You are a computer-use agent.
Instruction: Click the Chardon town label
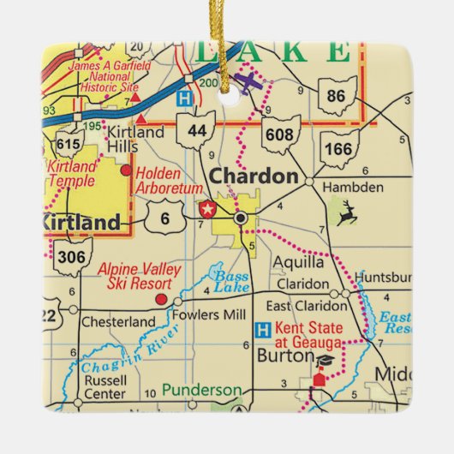point(254,176)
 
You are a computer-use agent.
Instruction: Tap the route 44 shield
point(196,129)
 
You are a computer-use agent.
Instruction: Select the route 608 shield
point(281,133)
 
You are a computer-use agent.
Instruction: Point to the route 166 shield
point(338,148)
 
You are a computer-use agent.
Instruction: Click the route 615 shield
point(66,143)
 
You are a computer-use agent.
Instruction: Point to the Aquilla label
point(298,262)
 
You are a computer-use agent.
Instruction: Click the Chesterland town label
point(117,322)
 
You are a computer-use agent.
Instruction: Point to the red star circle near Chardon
point(206,208)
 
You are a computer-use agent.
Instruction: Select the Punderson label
point(202,391)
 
